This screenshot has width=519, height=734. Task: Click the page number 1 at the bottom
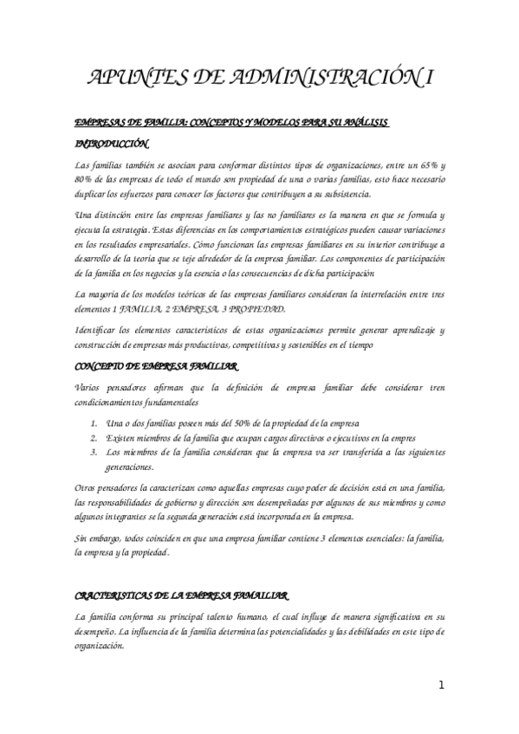pyautogui.click(x=441, y=686)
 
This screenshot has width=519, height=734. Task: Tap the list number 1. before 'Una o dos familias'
pyautogui.click(x=94, y=423)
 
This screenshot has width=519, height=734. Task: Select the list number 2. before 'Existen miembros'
pyautogui.click(x=94, y=437)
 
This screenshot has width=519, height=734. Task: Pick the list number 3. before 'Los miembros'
pyautogui.click(x=94, y=451)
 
